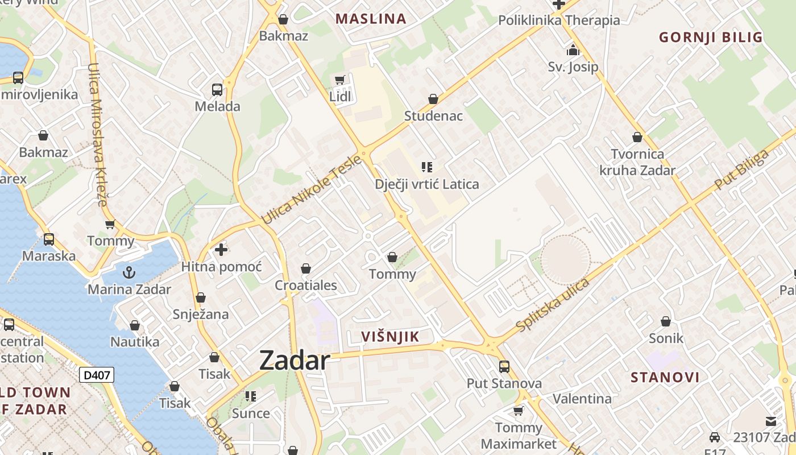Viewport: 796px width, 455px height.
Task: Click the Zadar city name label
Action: pos(295,361)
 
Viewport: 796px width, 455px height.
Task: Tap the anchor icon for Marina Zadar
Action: pos(129,272)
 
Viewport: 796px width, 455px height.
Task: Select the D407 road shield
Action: pos(96,375)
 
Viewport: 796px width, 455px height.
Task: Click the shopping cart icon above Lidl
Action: pos(340,80)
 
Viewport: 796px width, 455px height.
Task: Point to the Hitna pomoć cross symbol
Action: pos(221,249)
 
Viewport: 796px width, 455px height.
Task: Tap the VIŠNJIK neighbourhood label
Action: pos(390,337)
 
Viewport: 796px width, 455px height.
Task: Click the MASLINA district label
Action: pos(371,19)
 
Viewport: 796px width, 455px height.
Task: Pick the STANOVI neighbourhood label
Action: pos(665,377)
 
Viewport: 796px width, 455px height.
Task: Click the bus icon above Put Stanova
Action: pos(504,366)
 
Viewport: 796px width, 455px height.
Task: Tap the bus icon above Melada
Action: pos(217,89)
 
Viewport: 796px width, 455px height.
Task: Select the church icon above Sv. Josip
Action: pos(573,51)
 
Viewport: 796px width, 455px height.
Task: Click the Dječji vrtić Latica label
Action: pos(426,184)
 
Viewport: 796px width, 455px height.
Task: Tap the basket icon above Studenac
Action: pos(433,99)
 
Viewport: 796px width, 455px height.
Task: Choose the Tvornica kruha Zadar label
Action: pos(637,162)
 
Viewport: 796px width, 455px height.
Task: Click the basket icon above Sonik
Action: pos(666,321)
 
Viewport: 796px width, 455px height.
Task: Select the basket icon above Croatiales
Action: pos(306,268)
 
